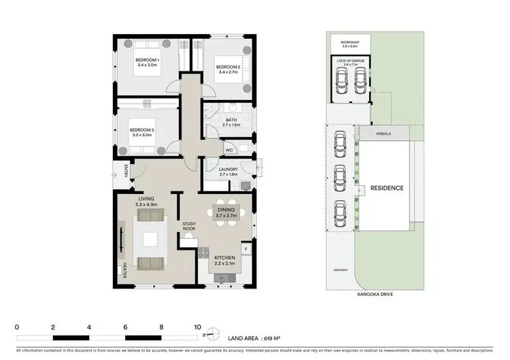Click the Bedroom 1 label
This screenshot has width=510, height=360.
(148, 61)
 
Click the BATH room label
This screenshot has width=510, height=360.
(231, 120)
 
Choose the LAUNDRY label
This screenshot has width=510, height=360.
(228, 170)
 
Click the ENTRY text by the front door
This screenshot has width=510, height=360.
(125, 170)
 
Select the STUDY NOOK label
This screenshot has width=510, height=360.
(189, 226)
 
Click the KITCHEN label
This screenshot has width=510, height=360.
(224, 258)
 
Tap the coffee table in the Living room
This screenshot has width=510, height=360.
(149, 240)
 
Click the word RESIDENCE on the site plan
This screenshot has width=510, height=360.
(386, 188)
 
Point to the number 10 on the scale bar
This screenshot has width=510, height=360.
(198, 327)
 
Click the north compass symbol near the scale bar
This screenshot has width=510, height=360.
(214, 332)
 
